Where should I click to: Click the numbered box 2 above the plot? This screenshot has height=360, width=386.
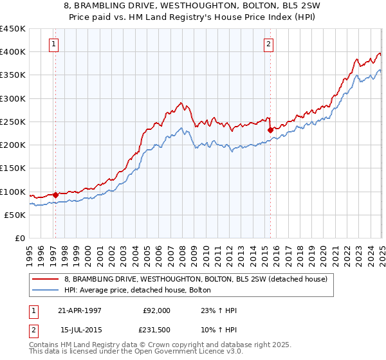click(x=268, y=44)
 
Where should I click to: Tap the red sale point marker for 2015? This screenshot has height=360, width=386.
click(x=270, y=130)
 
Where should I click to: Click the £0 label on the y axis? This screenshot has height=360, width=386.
click(x=19, y=238)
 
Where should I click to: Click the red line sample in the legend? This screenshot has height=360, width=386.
click(x=46, y=278)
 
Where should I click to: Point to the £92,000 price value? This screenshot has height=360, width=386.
click(x=157, y=310)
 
